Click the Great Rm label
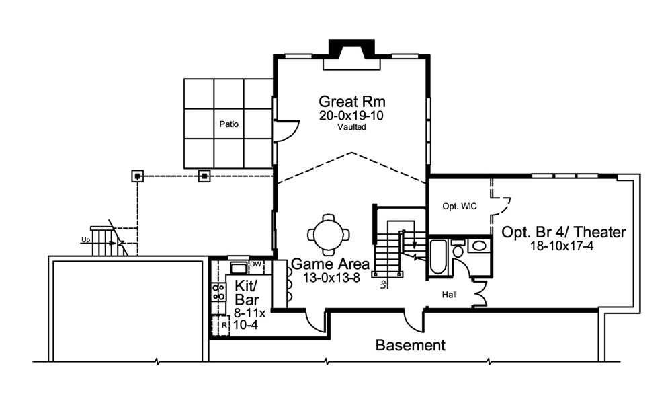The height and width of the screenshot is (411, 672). click(351, 102)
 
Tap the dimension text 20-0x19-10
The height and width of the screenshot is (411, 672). click(351, 116)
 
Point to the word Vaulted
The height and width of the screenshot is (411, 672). click(351, 127)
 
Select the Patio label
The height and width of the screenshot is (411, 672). click(229, 124)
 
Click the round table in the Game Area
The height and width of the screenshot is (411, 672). click(329, 235)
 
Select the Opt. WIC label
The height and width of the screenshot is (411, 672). click(460, 206)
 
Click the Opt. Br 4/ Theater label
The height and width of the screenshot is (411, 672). click(564, 233)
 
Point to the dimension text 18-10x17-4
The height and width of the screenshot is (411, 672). click(563, 247)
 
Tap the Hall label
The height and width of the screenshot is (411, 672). click(450, 295)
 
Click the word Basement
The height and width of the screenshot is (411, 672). click(410, 346)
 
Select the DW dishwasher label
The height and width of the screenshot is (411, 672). click(255, 265)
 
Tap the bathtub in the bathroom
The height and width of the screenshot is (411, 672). click(438, 256)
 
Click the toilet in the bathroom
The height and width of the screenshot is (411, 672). click(458, 249)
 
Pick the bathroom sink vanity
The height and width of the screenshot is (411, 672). click(479, 246)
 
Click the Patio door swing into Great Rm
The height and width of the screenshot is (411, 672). click(285, 130)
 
